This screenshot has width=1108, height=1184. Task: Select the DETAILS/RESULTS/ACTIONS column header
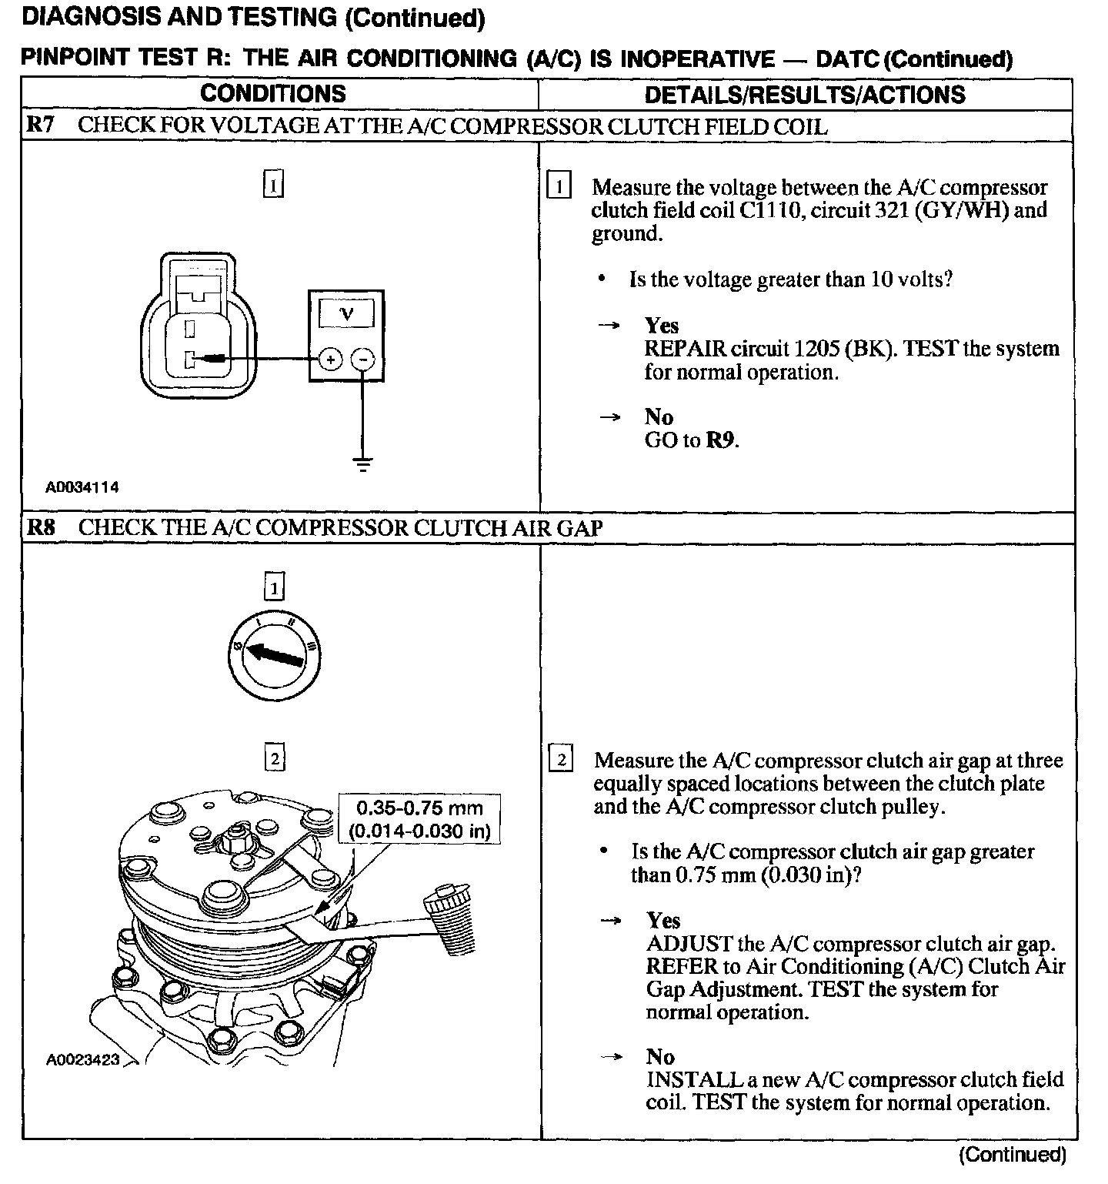click(804, 95)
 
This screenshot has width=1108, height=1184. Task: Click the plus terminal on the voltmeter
click(329, 359)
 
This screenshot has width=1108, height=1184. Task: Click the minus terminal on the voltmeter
click(363, 359)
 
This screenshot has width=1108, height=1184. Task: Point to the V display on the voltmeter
click(346, 313)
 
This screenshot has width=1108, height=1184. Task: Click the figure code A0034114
click(82, 487)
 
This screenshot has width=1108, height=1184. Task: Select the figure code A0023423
click(83, 1059)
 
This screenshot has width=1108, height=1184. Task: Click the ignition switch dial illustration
click(274, 651)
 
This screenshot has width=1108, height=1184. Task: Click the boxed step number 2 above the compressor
click(274, 759)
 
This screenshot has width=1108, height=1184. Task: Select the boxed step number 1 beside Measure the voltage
click(559, 186)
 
